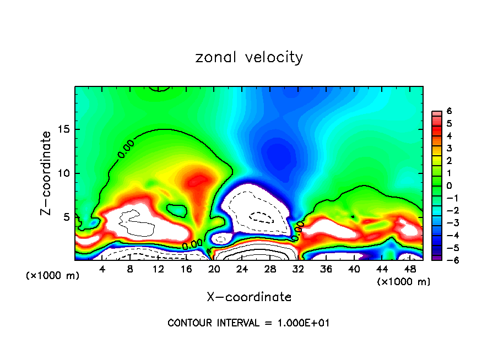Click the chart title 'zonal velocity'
click(249, 57)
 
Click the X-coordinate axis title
click(249, 297)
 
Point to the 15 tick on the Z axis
click(67, 129)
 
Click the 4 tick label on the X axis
click(102, 269)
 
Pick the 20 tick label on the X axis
click(214, 269)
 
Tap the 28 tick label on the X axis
click(270, 269)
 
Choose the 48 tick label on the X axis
click(410, 269)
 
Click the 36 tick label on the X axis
click(326, 269)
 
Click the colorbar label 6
click(449, 111)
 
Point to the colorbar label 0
click(449, 186)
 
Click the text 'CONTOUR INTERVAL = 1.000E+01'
click(249, 323)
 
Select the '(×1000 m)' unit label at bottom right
click(404, 281)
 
